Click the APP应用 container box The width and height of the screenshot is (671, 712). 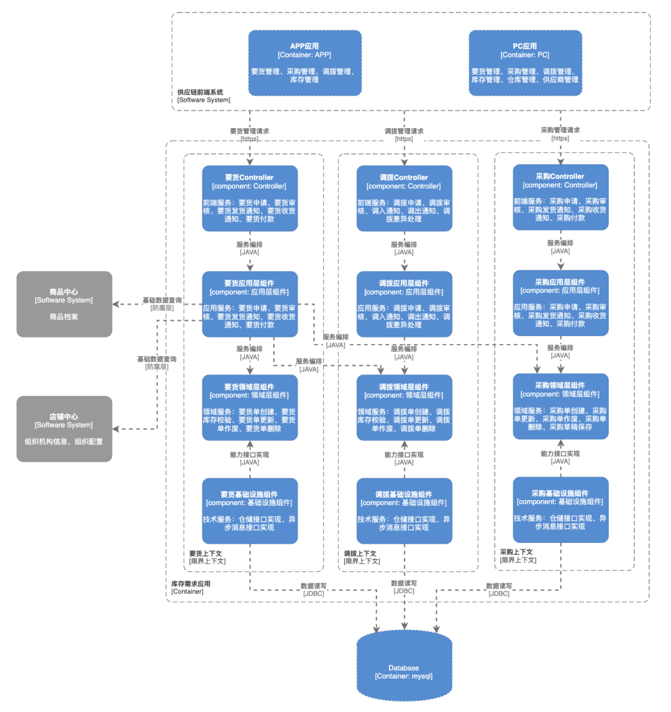(x=304, y=63)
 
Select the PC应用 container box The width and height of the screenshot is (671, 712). (x=525, y=63)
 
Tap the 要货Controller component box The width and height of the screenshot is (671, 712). (x=250, y=198)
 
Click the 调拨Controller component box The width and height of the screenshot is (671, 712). (x=404, y=198)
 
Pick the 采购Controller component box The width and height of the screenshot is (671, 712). (x=560, y=197)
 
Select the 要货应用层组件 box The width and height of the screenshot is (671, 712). (x=250, y=304)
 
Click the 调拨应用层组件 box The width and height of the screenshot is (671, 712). (x=404, y=304)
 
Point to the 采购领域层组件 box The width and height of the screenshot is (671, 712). (x=560, y=406)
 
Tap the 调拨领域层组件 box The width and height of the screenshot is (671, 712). (x=404, y=408)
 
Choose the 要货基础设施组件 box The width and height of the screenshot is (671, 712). (x=250, y=511)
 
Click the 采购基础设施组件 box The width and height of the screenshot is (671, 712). (x=560, y=509)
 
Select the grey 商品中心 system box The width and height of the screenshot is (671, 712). (x=64, y=304)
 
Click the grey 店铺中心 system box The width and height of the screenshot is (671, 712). (x=64, y=429)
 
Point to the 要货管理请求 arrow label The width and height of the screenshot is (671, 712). (x=250, y=131)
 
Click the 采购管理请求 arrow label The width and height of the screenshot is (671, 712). (x=560, y=130)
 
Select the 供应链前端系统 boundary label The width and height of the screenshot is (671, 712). (x=200, y=92)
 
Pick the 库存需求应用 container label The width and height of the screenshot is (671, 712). (x=191, y=584)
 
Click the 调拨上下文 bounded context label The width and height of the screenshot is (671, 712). (x=360, y=554)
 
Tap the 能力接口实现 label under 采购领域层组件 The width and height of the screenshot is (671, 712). (x=560, y=454)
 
